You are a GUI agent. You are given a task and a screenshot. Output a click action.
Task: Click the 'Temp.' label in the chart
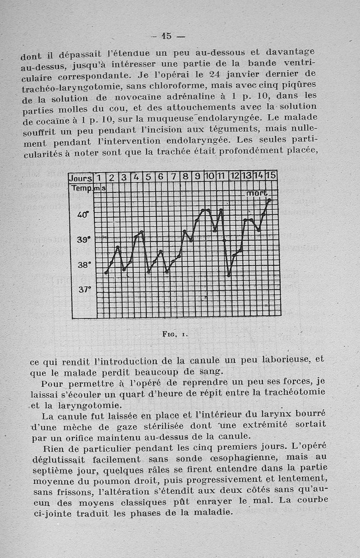[81, 187]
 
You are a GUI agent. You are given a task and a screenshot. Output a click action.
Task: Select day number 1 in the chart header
[98, 177]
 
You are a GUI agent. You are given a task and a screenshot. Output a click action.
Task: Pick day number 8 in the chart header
[184, 177]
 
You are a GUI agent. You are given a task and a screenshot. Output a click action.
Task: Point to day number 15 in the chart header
[271, 175]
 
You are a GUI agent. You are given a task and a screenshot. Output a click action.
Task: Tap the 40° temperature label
[83, 215]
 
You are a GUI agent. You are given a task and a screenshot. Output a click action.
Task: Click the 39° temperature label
[83, 240]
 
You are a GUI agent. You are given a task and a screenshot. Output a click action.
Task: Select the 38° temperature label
[83, 265]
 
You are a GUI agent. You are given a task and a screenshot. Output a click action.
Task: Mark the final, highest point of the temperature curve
[269, 200]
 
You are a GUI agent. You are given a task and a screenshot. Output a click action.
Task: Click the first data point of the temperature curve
[106, 272]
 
